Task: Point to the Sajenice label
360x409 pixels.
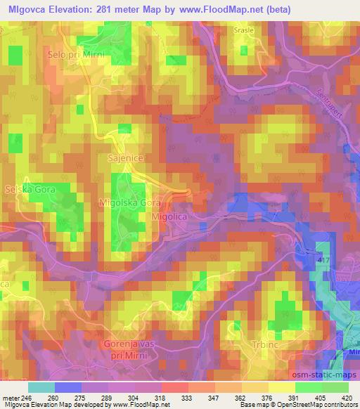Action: click(126, 160)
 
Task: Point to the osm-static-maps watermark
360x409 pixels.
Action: click(321, 376)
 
